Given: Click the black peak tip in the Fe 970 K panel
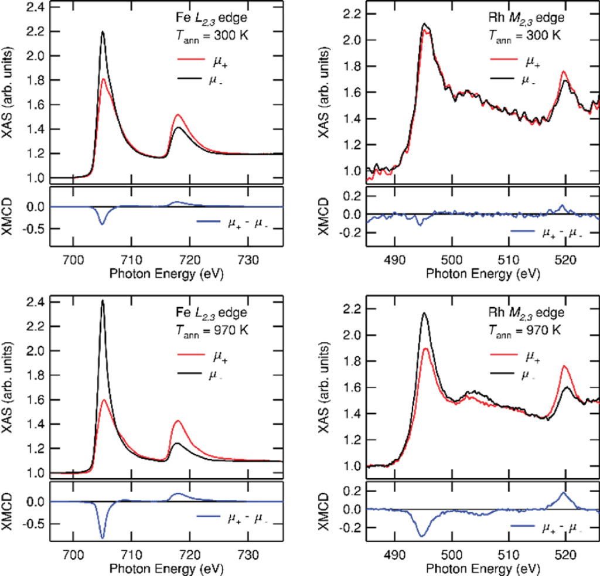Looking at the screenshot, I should tap(103, 301).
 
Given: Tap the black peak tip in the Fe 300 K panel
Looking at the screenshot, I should tap(103, 32).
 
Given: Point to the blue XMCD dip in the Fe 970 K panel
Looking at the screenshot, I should tap(103, 537).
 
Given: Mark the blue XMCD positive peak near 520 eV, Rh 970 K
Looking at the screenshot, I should tap(564, 493).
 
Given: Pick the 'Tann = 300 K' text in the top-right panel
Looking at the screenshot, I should tap(524, 35).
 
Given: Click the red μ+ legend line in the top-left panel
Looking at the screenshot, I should tap(189, 59).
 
